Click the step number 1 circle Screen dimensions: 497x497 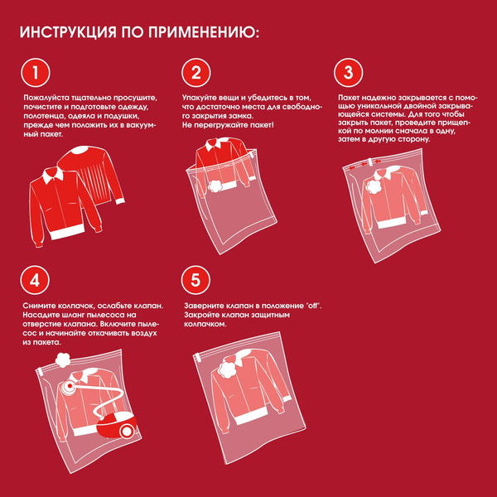[x=35, y=73]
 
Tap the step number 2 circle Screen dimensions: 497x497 [x=195, y=73]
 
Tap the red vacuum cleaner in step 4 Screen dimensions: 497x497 [x=115, y=427]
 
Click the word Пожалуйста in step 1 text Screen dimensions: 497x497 [x=43, y=99]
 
